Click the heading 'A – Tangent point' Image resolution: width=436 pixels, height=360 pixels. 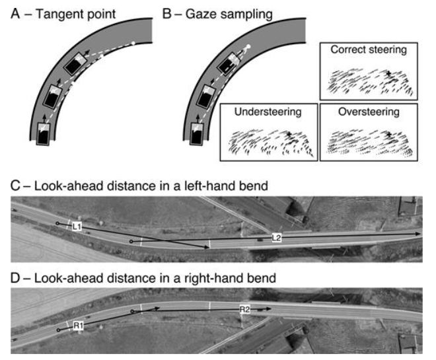pos(57,11)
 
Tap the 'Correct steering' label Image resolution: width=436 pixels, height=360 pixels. pos(367,50)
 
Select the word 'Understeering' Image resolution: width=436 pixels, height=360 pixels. pos(268,112)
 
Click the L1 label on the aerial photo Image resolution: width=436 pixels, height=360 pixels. pos(77,227)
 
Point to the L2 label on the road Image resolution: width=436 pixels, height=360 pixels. pos(278,236)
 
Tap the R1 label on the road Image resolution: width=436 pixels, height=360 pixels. pos(78,326)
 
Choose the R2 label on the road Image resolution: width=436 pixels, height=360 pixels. pos(244,308)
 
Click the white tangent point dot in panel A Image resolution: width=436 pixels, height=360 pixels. pos(133,44)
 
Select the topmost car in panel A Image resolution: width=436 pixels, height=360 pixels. pos(74,64)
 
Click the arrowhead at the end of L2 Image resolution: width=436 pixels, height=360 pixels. pos(418,234)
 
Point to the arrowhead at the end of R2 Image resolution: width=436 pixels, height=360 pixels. pos(268,308)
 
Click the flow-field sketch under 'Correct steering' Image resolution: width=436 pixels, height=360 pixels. pos(367,79)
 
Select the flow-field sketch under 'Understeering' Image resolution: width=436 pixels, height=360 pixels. pos(268,141)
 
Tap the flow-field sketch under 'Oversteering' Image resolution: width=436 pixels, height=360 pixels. pos(367,141)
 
